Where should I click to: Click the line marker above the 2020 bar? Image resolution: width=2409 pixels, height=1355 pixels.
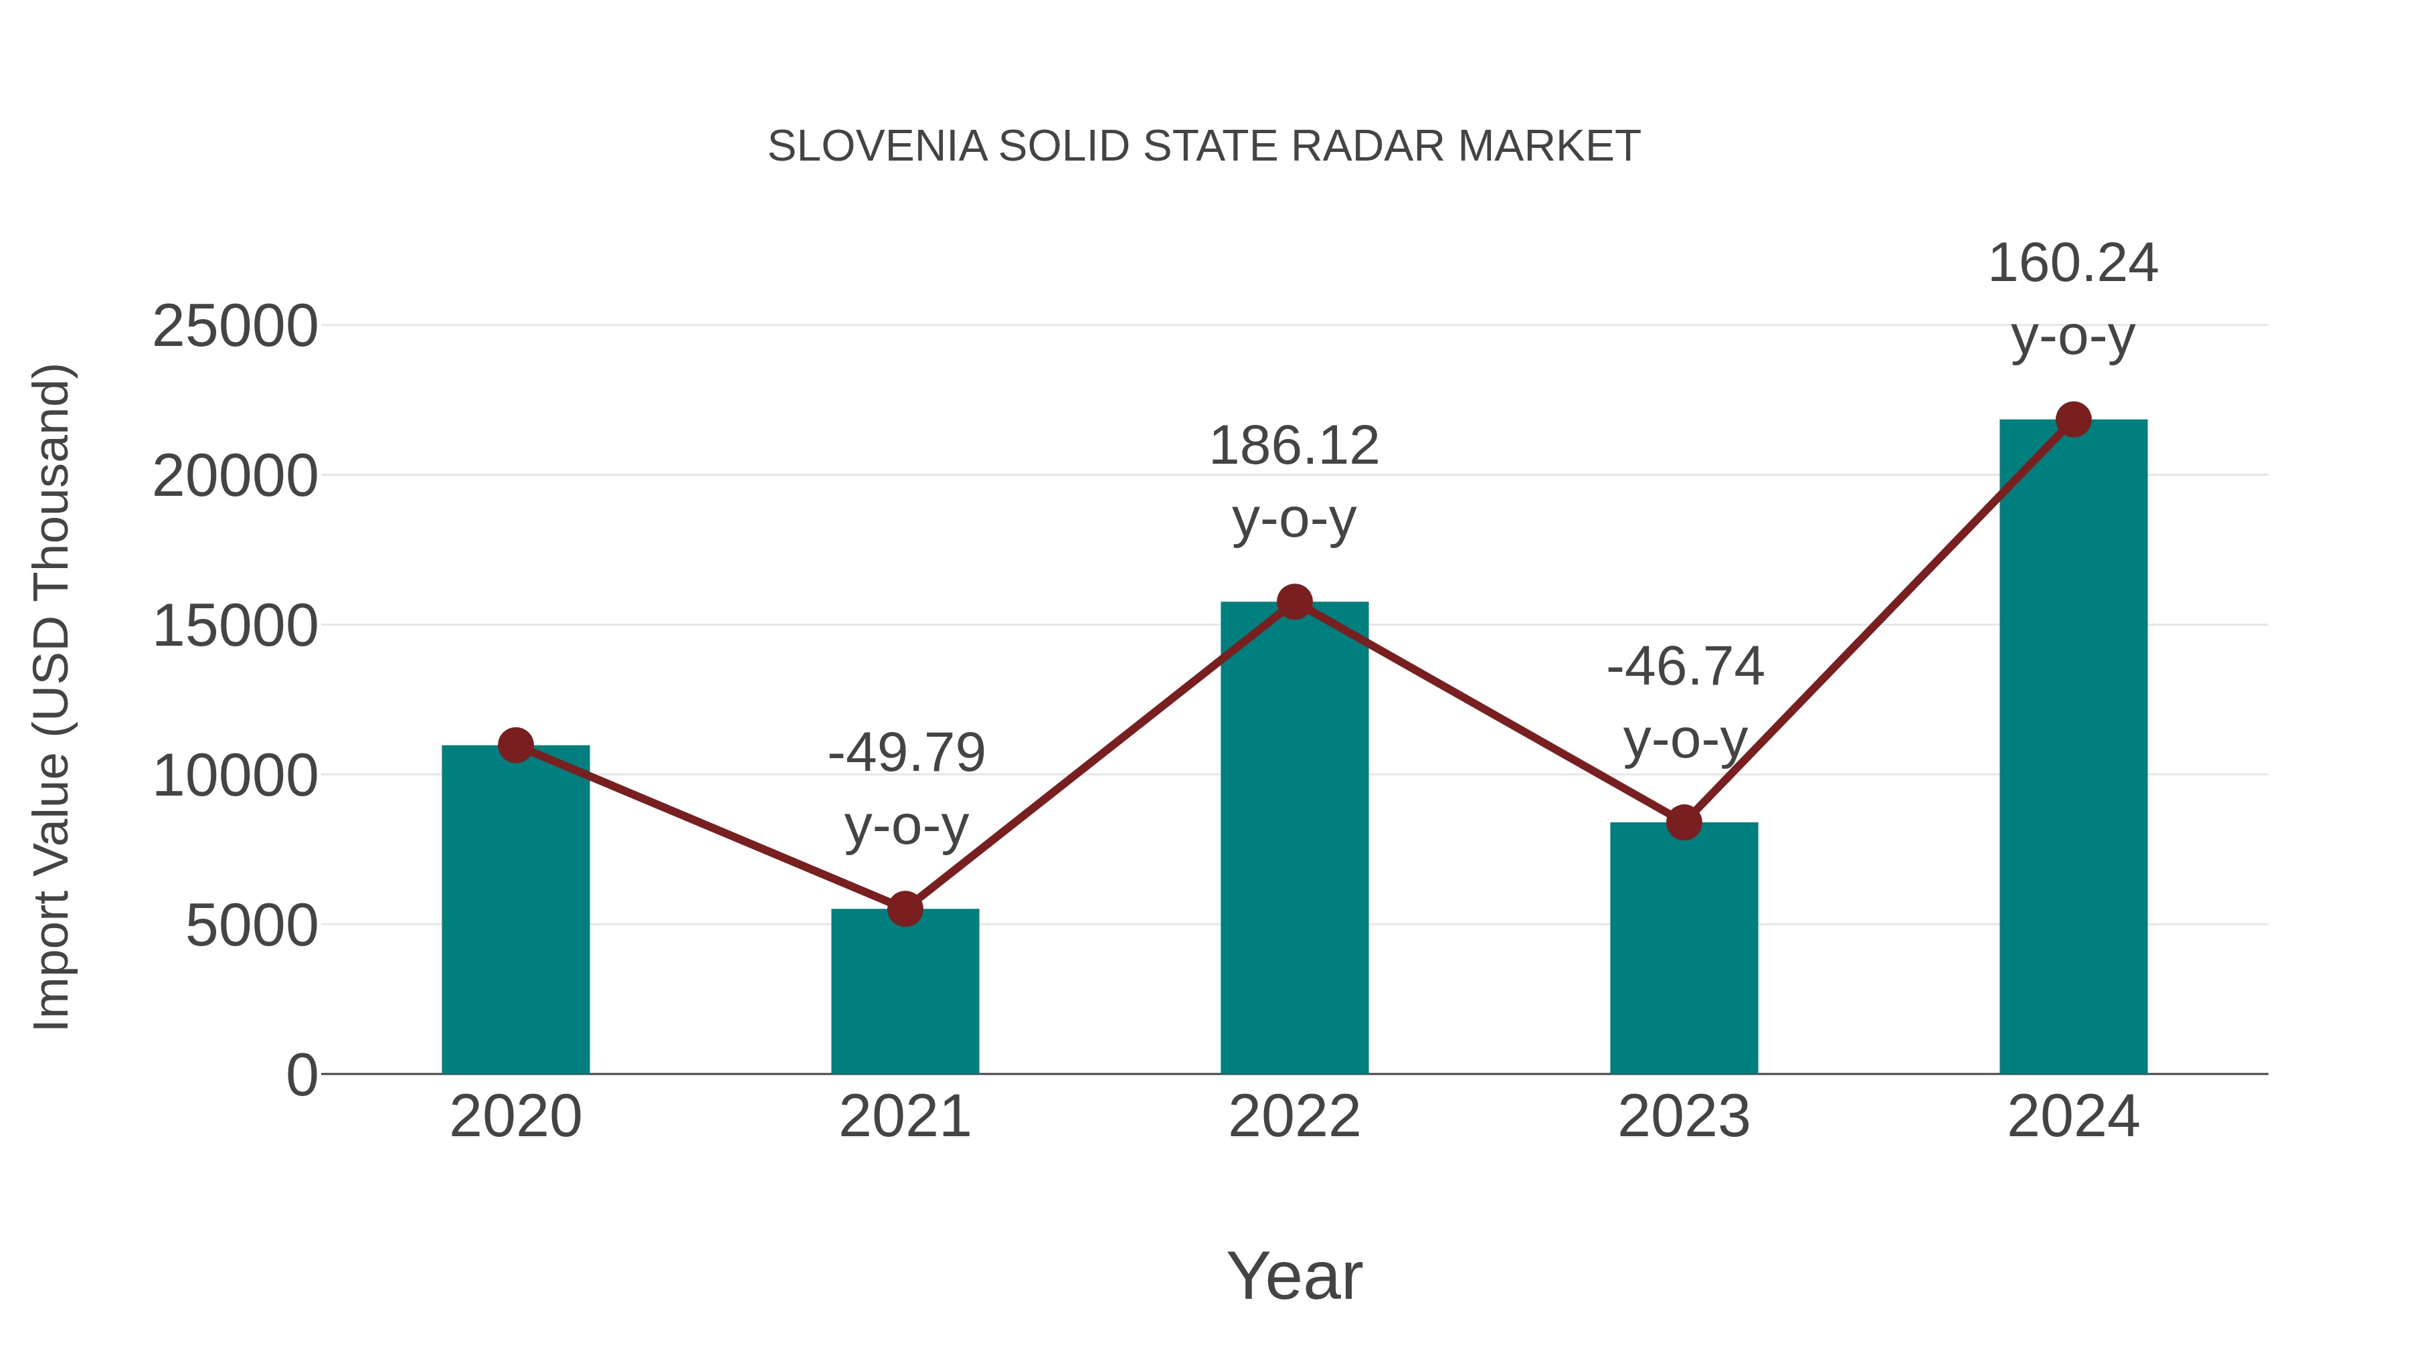click(515, 745)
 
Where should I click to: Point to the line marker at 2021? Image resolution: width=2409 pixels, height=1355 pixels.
click(904, 908)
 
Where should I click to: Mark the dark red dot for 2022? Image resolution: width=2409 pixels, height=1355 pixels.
click(1294, 602)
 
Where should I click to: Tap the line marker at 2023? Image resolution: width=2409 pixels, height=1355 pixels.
click(1684, 822)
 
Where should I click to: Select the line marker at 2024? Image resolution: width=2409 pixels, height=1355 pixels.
click(2073, 420)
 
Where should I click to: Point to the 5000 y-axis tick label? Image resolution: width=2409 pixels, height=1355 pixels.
click(252, 927)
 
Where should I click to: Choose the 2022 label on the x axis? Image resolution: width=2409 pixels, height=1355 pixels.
click(1294, 1117)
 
